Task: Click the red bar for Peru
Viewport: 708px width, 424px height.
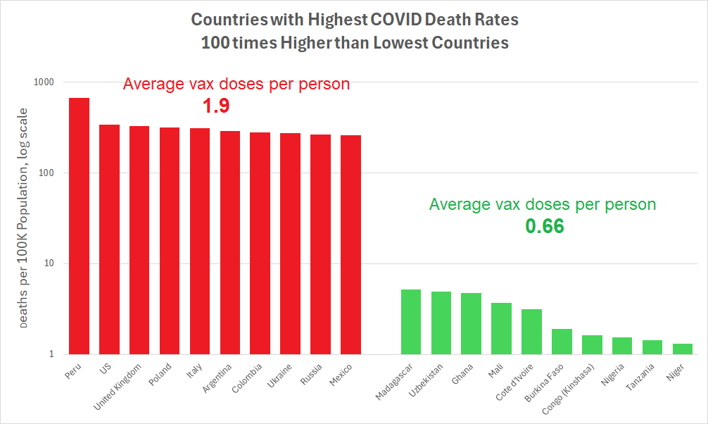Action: tap(79, 225)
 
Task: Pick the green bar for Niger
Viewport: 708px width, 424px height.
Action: tap(683, 349)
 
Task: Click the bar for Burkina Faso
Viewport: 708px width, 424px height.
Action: tap(562, 342)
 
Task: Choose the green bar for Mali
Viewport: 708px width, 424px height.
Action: tap(501, 328)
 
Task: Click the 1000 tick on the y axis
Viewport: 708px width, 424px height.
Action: tap(44, 82)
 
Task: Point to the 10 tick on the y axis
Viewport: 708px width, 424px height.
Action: tap(49, 264)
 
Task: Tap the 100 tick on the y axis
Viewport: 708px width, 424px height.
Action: tap(46, 173)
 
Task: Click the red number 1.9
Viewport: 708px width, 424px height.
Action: tap(217, 106)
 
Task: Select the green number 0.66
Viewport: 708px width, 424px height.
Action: tap(545, 227)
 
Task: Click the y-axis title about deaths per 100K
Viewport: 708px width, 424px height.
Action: tap(25, 218)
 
